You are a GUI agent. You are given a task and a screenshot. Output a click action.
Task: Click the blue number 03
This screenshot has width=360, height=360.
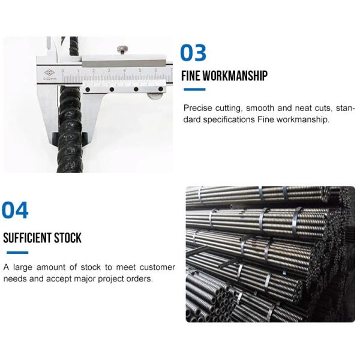click(193, 53)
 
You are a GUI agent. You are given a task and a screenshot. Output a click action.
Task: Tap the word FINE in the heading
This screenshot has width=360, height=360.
click(194, 76)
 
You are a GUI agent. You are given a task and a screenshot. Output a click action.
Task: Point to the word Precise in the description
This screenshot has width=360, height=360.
click(198, 109)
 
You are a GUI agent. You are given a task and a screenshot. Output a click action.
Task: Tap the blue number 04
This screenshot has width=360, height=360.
click(15, 211)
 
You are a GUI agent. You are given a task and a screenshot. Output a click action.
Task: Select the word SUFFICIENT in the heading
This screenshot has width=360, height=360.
click(28, 238)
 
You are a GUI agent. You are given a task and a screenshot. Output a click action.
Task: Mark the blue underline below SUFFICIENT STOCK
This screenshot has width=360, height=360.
click(16, 252)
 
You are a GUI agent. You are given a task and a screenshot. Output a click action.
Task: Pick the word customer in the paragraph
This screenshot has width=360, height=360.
click(155, 267)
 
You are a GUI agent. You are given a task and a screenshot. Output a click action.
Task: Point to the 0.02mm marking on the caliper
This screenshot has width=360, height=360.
click(49, 79)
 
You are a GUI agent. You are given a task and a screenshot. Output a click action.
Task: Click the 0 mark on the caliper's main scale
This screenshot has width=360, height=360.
click(78, 71)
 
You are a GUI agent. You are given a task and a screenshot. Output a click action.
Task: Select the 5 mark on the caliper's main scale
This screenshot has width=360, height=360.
click(140, 71)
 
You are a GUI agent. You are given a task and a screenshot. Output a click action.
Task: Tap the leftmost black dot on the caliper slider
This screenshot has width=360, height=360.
click(88, 89)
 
